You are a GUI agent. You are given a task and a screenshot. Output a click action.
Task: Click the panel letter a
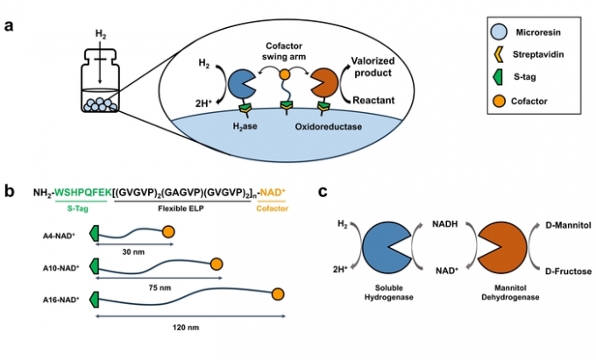tap(9, 25)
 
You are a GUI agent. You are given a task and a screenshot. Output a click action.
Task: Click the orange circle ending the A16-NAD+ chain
tap(278, 294)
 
